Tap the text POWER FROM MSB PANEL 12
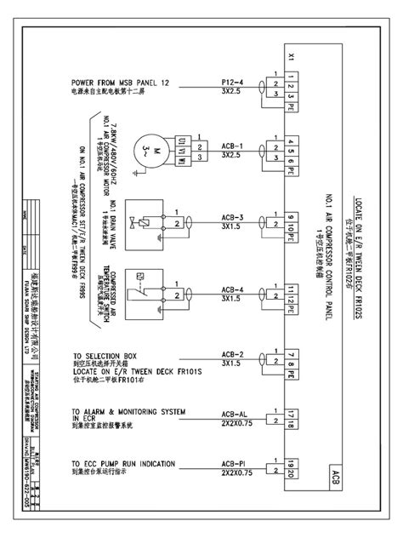coord(121,83)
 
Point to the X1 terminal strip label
coord(291,59)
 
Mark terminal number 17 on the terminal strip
coord(291,412)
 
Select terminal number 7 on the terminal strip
coord(291,356)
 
